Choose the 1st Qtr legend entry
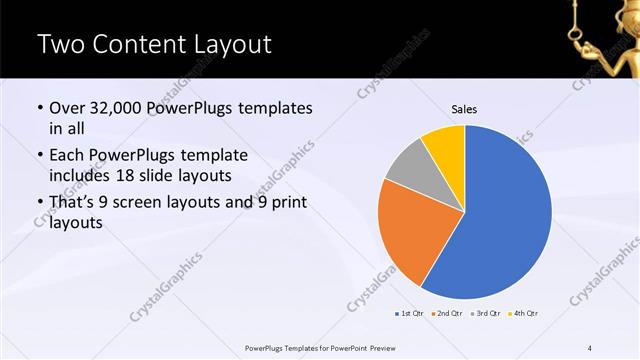coord(410,314)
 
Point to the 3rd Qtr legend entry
coord(484,314)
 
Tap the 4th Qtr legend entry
coord(523,314)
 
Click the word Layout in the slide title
coord(222,45)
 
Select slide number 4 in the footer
coord(591,348)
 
